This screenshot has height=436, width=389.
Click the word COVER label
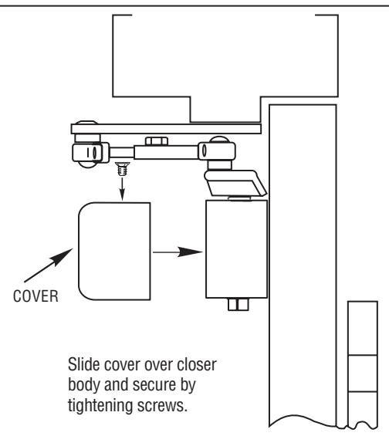click(x=36, y=296)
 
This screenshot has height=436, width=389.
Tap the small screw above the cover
click(x=122, y=169)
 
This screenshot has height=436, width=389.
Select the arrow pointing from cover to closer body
click(x=178, y=252)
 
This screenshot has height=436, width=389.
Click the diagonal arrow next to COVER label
click(x=49, y=265)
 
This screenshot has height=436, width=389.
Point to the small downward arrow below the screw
click(x=122, y=189)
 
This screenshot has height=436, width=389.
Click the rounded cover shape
click(x=114, y=252)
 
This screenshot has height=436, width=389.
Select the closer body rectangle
click(x=237, y=248)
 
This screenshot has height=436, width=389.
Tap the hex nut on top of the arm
click(x=157, y=141)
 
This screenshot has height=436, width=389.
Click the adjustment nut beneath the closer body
click(x=238, y=305)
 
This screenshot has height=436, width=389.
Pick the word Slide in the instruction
click(x=84, y=364)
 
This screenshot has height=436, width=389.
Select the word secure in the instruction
click(x=154, y=385)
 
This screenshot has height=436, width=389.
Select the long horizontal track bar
click(x=166, y=129)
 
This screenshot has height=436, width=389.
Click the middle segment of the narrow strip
click(x=363, y=373)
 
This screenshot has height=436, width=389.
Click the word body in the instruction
click(x=84, y=386)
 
